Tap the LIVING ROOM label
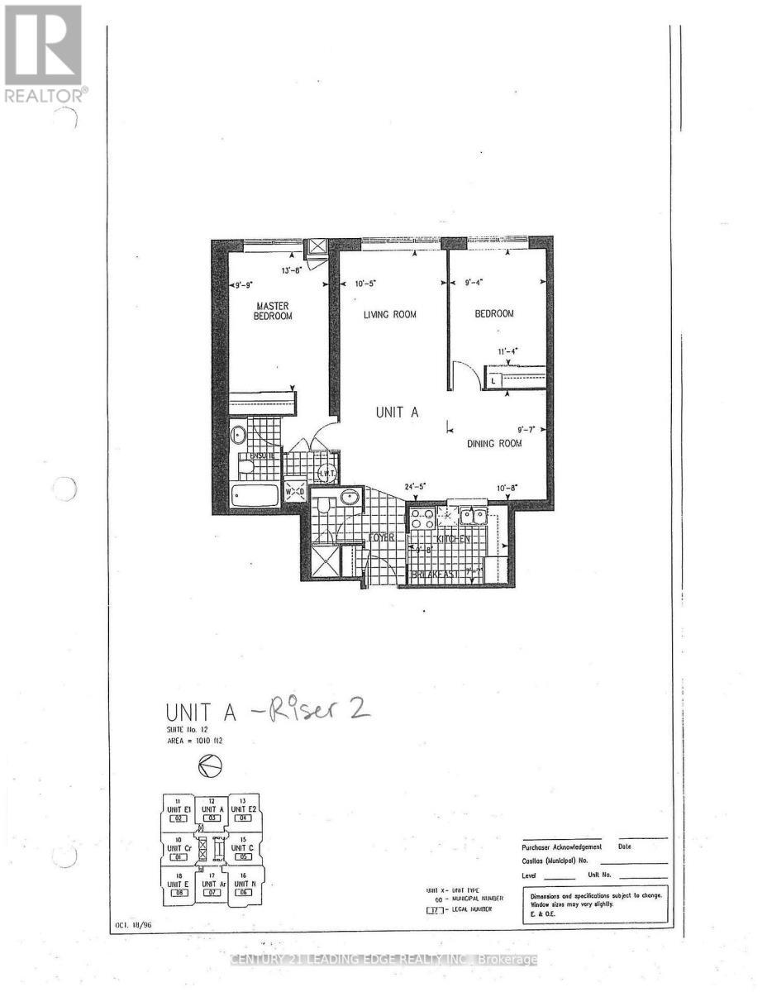391,314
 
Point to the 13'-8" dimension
293,269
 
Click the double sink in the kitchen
473,517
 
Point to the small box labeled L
493,381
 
